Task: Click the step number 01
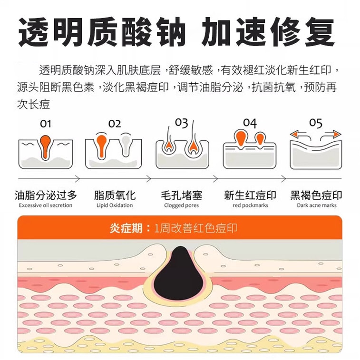click(x=46, y=124)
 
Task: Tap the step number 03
click(x=181, y=123)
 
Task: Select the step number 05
click(x=316, y=123)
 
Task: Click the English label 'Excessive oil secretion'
click(x=46, y=205)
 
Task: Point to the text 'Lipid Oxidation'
click(x=115, y=205)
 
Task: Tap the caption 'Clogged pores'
click(x=181, y=205)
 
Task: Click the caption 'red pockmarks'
click(x=250, y=205)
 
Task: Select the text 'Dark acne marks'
click(x=317, y=205)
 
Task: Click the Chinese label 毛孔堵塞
click(x=181, y=195)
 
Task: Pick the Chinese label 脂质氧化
click(x=115, y=195)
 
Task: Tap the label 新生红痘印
click(x=250, y=195)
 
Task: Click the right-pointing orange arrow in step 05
click(x=331, y=135)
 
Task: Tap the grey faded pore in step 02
click(x=126, y=145)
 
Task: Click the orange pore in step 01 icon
click(x=45, y=146)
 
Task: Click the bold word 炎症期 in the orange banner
click(x=126, y=228)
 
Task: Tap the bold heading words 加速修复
click(x=268, y=31)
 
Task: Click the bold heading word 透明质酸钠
click(x=102, y=31)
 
